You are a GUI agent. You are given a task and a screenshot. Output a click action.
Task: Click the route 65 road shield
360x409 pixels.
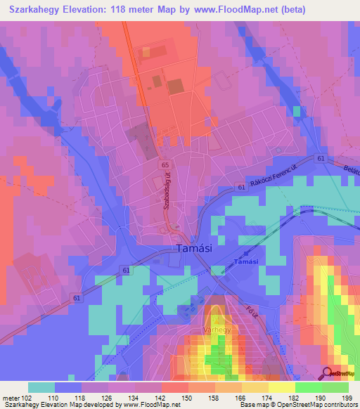point(165,164)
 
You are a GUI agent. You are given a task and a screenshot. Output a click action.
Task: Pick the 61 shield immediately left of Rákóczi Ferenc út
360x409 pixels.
point(240,187)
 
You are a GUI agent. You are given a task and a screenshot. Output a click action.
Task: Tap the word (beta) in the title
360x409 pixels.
point(291,11)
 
